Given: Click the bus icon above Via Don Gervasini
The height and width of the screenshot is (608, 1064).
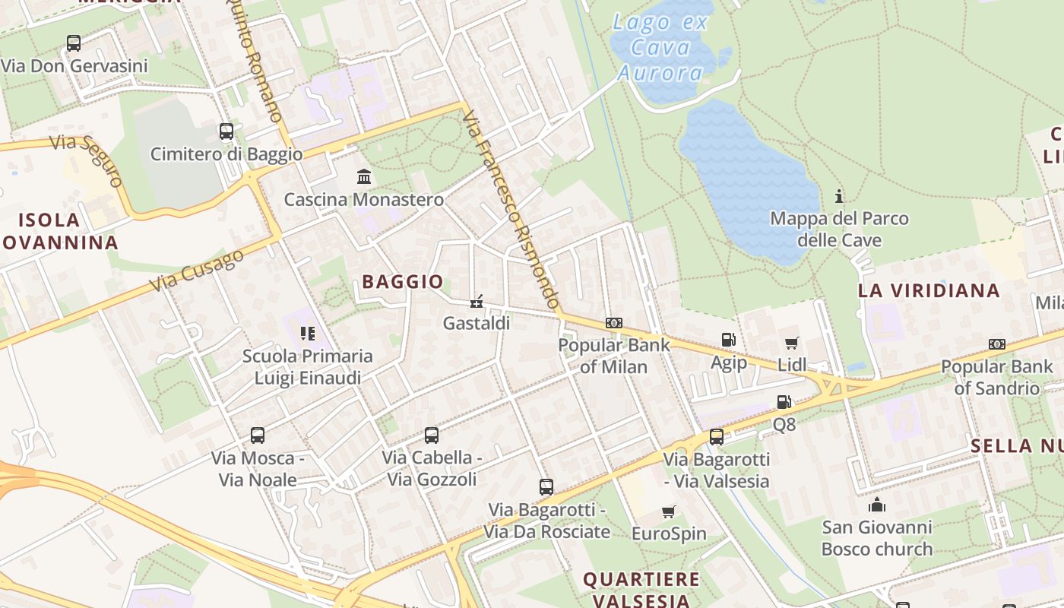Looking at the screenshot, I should [74, 43].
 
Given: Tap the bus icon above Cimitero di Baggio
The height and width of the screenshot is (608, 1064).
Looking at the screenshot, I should [226, 131].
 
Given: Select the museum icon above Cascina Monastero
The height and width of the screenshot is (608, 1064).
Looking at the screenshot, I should [364, 177].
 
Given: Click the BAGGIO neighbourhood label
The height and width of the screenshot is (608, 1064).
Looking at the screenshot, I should [403, 282].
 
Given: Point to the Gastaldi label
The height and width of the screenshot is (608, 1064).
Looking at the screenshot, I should [477, 323].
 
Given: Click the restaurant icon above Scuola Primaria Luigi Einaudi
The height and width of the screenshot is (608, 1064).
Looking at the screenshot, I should [307, 333].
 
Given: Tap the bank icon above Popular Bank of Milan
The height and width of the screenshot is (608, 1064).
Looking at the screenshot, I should [614, 323].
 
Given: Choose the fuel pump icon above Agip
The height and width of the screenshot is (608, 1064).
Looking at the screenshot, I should [728, 340].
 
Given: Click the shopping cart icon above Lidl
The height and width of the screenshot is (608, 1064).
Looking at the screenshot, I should [792, 343].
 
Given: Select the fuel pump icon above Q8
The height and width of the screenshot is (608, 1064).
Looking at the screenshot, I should [784, 402].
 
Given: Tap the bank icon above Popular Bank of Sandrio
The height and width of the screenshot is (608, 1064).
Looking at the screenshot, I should [997, 344].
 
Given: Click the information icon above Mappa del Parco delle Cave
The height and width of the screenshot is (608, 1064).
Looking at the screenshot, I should [839, 196].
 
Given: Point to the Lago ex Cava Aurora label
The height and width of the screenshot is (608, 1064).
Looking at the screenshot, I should [660, 47].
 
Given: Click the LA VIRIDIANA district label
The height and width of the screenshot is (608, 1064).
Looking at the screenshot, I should [929, 290].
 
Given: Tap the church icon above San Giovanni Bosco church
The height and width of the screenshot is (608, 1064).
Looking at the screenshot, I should [876, 505].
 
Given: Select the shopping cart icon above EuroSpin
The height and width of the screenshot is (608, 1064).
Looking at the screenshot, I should [669, 511].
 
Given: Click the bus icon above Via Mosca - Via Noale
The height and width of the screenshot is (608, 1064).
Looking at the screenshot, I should [258, 435].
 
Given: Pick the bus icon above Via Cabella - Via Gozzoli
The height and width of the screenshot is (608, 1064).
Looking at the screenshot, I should [432, 435].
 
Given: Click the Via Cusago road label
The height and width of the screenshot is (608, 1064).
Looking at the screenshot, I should [197, 270].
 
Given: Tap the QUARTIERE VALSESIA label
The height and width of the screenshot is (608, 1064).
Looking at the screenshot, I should [641, 590].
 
